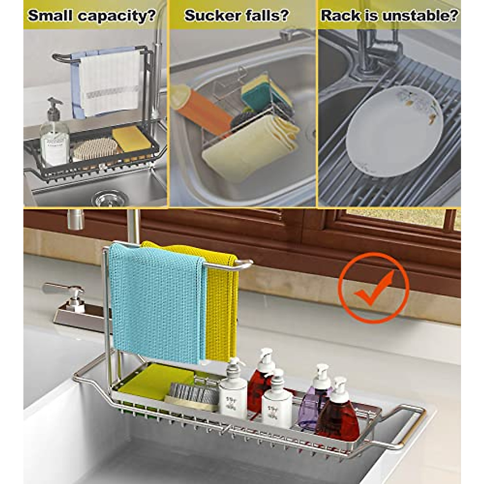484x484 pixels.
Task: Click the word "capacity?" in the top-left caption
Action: coord(117,16)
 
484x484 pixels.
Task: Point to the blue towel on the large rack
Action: coord(155,302)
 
